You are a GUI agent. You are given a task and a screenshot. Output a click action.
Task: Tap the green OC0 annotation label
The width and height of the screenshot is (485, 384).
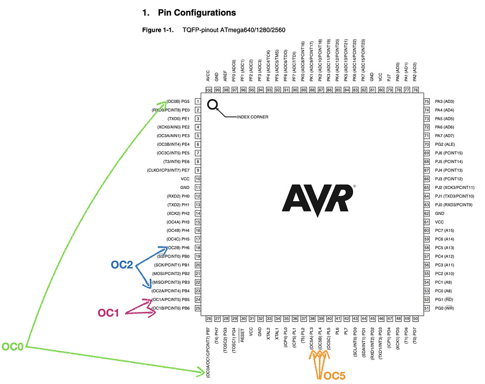click(x=12, y=347)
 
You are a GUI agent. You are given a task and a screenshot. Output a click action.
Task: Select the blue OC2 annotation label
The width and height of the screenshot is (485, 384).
click(x=123, y=265)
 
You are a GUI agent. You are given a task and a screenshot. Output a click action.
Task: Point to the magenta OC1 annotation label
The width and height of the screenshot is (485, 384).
click(x=109, y=312)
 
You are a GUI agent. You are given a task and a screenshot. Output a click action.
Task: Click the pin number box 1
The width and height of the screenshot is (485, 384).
click(x=197, y=101)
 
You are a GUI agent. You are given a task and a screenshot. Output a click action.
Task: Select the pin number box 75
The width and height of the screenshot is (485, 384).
click(x=426, y=101)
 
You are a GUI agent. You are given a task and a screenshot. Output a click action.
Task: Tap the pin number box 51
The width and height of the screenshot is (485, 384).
click(x=426, y=308)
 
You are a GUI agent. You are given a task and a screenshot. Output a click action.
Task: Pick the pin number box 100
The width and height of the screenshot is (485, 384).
click(x=209, y=90)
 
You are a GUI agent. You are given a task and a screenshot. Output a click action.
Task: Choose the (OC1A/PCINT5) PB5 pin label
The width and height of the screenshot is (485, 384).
click(x=171, y=299)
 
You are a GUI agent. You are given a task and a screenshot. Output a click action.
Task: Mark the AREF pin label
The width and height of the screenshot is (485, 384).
click(x=225, y=77)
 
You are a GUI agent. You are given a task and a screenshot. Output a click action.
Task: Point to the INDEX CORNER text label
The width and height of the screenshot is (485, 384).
click(x=252, y=117)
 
